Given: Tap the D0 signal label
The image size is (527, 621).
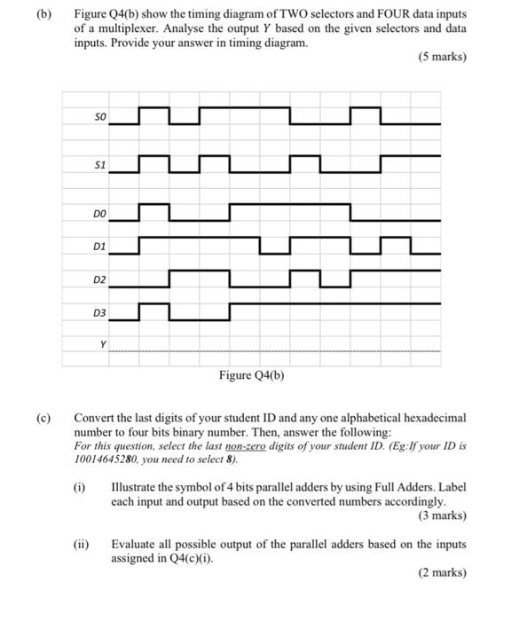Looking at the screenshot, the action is pos(99,214).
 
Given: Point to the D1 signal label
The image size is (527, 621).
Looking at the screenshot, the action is pos(99,246).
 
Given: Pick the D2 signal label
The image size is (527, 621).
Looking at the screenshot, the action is pos(99,279).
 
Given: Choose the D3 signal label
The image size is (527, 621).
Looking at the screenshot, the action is pos(99,312).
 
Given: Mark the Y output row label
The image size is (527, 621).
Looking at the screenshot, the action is pos(103,344).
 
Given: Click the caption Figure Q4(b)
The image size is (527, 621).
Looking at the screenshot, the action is pos(251,375).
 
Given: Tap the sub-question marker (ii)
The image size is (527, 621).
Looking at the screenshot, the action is pos(81,544).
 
